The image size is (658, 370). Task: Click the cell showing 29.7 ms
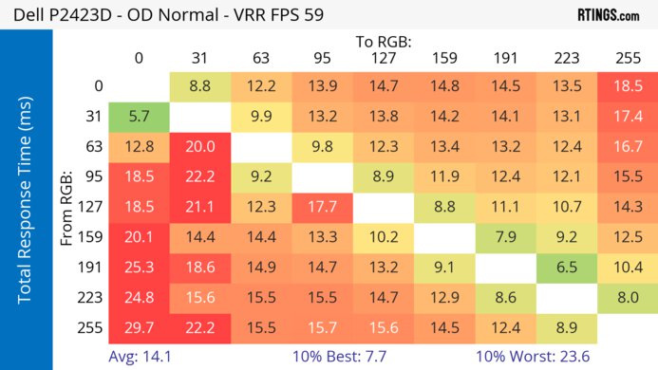[x=139, y=327]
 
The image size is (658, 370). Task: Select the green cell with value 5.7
[x=139, y=117]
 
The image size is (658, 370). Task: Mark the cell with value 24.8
[x=139, y=297]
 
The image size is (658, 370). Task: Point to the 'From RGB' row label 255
[x=92, y=327]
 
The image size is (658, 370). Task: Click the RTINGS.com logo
[x=608, y=15]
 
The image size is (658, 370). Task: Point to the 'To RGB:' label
[x=383, y=42]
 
